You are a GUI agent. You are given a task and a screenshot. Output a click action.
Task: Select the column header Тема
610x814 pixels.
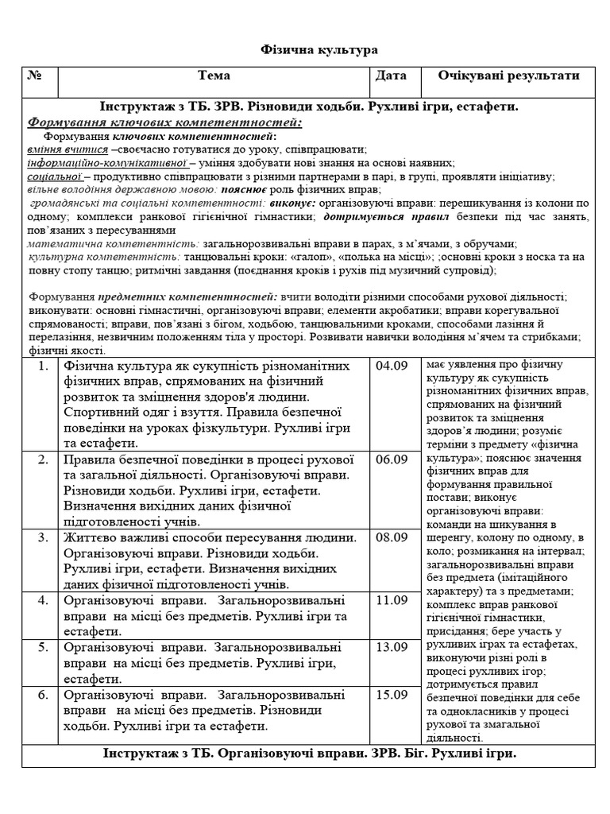214,76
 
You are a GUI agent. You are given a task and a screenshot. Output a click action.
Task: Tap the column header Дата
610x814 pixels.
391,76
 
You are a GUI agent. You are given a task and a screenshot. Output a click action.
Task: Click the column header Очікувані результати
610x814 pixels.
508,76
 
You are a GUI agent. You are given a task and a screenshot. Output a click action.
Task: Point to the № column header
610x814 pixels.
35,76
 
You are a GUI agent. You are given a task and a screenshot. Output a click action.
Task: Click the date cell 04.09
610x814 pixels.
391,366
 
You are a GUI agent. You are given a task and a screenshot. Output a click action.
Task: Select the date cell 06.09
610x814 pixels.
391,459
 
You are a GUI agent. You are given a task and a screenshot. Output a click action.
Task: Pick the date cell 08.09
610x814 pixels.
391,537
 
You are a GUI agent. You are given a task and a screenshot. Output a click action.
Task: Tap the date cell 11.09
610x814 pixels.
391,600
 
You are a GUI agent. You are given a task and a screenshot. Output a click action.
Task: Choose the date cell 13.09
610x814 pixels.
391,647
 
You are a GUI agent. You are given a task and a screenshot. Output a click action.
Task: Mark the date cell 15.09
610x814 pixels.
391,695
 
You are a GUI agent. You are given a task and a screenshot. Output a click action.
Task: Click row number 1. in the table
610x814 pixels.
44,366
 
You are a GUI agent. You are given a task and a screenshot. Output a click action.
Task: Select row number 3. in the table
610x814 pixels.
44,537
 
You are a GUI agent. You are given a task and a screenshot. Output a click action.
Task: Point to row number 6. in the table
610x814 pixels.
44,695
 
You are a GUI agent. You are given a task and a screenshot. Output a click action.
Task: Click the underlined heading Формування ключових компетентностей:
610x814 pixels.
164,122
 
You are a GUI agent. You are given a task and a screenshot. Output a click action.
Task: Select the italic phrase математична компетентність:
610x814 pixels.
113,243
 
